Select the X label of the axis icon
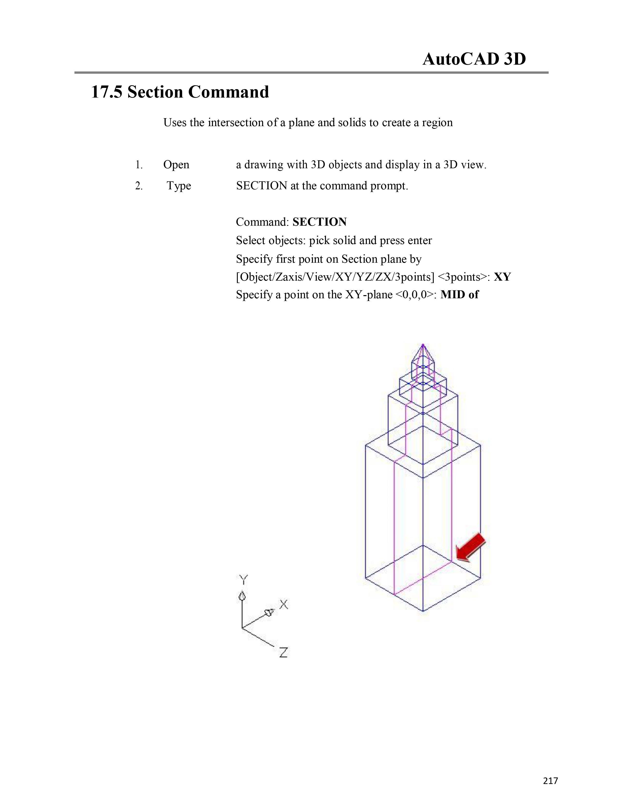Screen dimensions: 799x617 click(x=284, y=604)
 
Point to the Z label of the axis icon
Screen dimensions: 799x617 click(x=284, y=652)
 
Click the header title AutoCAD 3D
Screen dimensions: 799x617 click(x=474, y=59)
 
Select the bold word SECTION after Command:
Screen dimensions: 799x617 click(x=319, y=222)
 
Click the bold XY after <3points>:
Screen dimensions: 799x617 click(x=502, y=277)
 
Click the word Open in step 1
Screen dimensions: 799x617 click(x=176, y=165)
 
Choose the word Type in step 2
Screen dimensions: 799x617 click(x=179, y=186)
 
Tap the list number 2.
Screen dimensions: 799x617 click(x=139, y=186)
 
